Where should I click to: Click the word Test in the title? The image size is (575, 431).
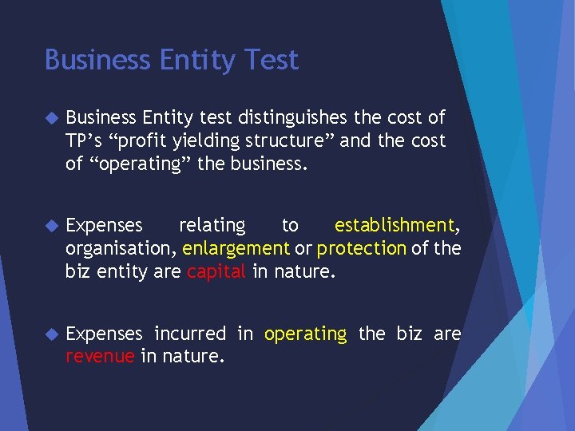pos(272,60)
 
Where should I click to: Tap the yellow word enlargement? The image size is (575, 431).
pos(236,249)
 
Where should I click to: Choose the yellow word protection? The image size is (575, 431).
pos(362,249)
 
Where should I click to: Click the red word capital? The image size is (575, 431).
pos(216,272)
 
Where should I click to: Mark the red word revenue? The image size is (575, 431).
pos(100,357)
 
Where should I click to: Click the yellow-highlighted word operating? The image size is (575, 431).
pos(305,334)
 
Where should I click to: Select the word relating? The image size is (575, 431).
pos(212,226)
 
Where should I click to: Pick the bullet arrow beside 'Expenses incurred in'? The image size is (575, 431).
pos(52,334)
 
